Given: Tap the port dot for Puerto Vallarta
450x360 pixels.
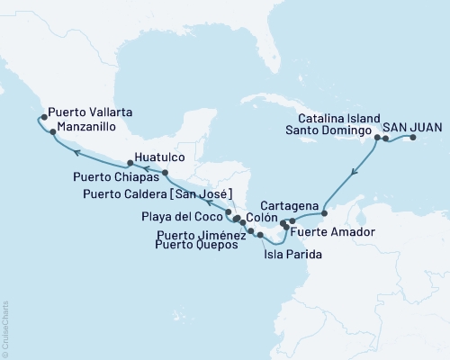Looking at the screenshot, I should pyautogui.click(x=43, y=116).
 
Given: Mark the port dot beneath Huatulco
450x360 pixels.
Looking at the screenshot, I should pyautogui.click(x=166, y=171).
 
